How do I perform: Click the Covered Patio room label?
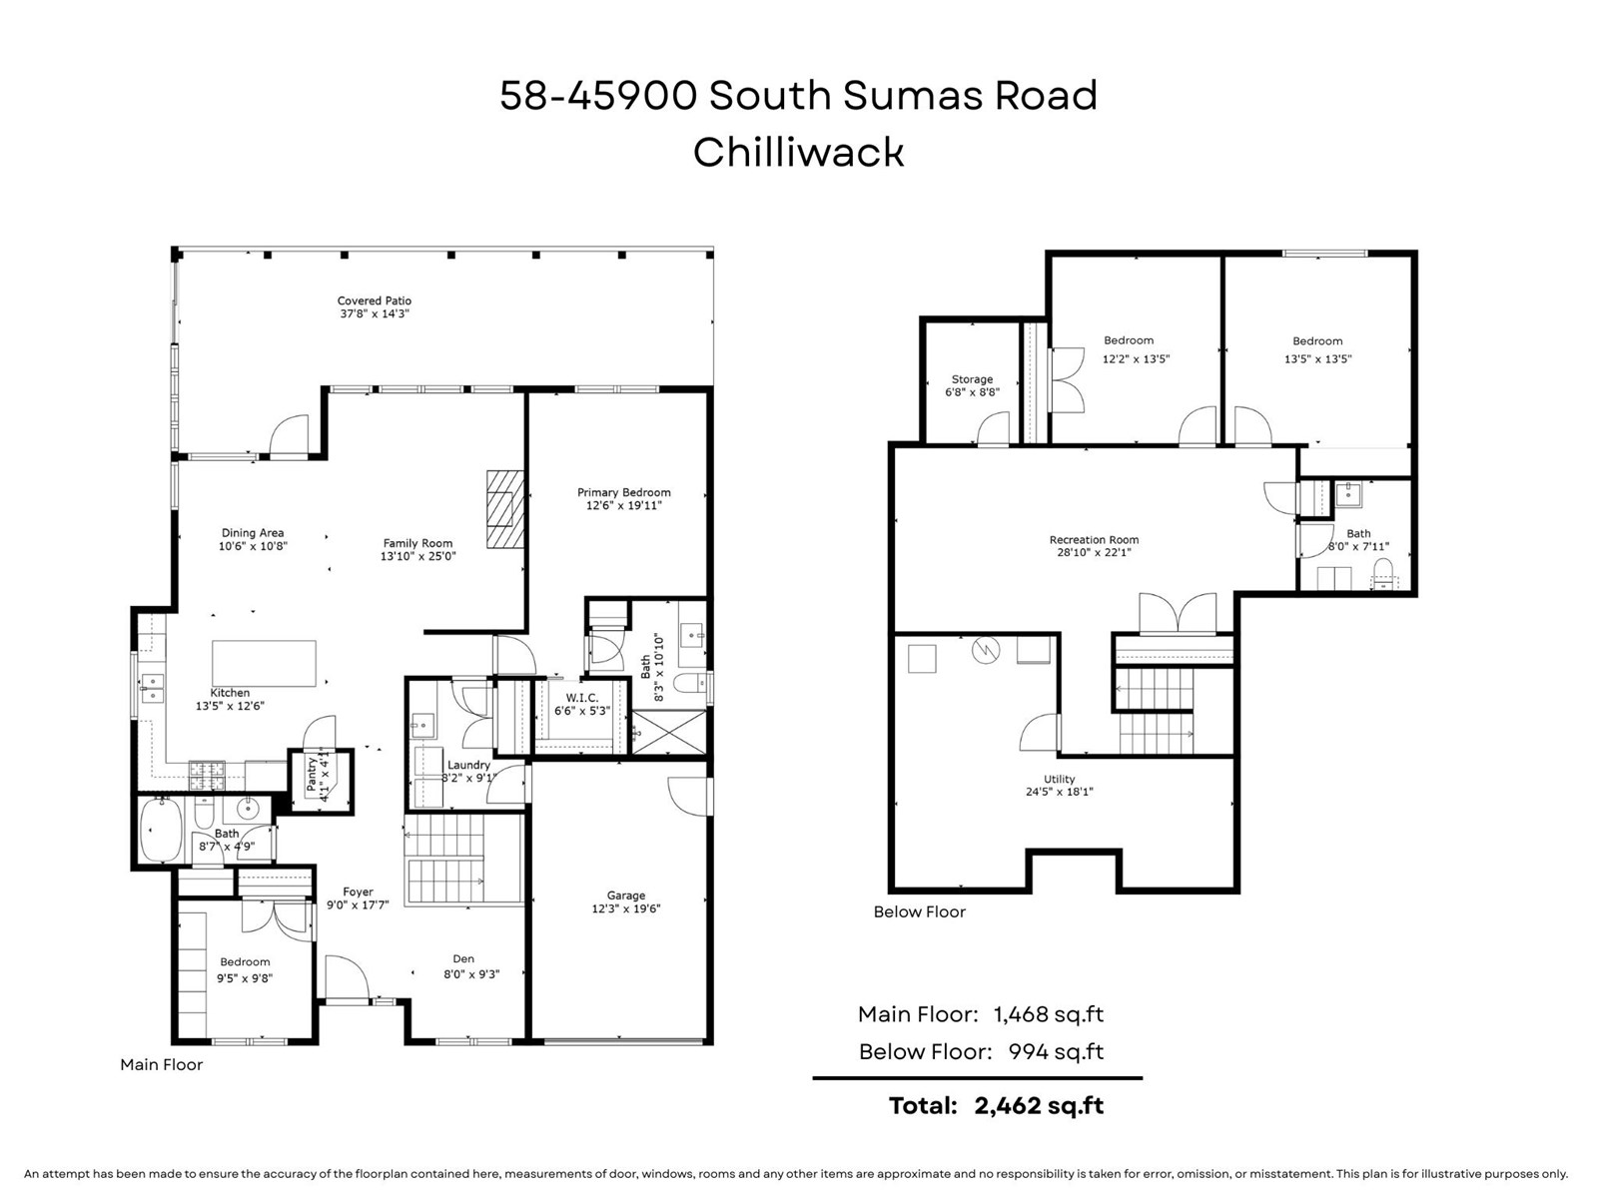(x=374, y=300)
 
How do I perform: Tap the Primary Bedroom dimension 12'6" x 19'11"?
(x=623, y=506)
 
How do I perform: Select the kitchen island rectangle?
(x=264, y=664)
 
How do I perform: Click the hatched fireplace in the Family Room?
(x=505, y=509)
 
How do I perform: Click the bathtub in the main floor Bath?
(x=160, y=829)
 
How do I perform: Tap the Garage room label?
(x=626, y=896)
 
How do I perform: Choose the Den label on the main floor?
(x=463, y=958)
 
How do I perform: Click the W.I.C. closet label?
(x=581, y=698)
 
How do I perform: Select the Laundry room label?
(x=468, y=765)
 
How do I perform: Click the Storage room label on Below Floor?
(x=972, y=379)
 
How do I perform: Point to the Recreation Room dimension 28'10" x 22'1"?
(x=1094, y=552)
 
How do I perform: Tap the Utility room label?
(x=1060, y=779)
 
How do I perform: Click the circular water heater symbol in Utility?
(x=986, y=651)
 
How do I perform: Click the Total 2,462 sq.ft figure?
(x=1039, y=1105)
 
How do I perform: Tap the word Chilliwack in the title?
(x=798, y=153)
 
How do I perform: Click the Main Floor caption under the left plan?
(x=161, y=1064)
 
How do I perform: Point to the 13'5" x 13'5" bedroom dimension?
(x=1317, y=359)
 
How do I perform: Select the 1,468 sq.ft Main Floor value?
(x=1048, y=1014)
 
